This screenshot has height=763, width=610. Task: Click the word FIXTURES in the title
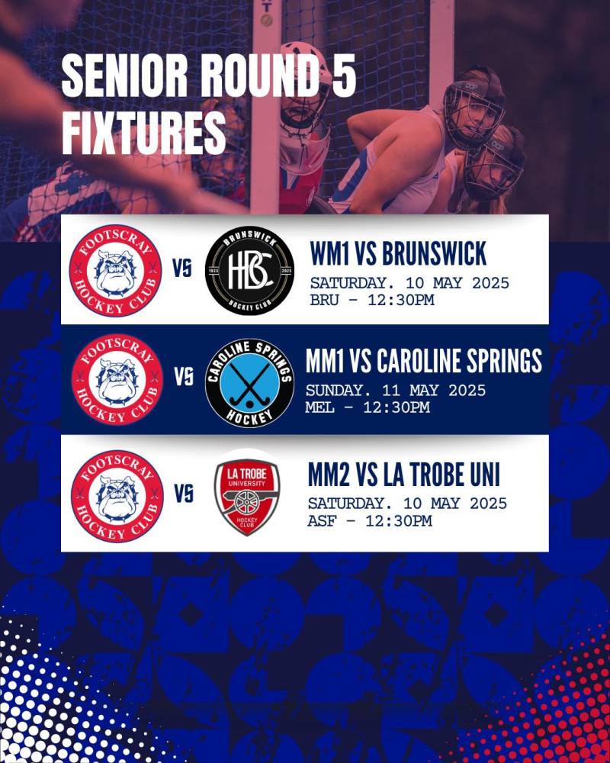144,130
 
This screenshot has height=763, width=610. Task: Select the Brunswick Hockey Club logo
249,270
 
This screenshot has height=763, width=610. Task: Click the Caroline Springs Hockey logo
249,382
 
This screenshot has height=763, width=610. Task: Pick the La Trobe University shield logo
247,497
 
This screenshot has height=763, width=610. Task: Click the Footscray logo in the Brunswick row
115,270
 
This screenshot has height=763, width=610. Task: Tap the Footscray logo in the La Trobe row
117,496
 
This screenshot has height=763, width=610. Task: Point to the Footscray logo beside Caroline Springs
117,379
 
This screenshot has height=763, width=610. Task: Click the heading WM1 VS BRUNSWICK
398,253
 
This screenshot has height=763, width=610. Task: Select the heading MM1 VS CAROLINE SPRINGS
424,361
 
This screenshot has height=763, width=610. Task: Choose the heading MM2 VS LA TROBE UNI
404,475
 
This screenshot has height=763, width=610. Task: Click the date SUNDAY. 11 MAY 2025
396,390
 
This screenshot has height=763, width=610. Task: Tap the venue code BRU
325,300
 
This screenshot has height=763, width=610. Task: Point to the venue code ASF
322,520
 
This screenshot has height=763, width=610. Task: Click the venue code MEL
319,407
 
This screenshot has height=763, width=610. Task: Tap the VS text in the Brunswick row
182,268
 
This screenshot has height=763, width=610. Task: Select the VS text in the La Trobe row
184,494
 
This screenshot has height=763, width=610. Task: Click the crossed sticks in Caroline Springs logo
249,385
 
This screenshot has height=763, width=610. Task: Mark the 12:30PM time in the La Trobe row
398,520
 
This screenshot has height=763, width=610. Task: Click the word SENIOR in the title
124,76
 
